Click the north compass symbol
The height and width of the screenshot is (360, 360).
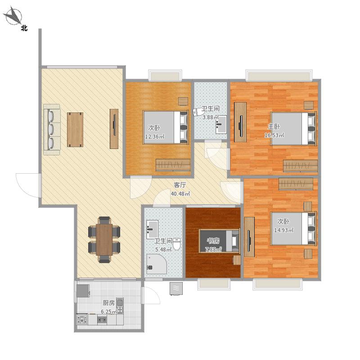point(14,16)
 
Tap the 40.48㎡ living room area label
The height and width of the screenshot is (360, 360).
point(180,194)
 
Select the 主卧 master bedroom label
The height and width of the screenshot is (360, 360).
point(274,126)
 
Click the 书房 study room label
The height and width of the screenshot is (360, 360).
point(213,241)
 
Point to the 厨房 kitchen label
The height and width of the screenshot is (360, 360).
point(108,303)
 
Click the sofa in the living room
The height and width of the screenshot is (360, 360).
point(52,130)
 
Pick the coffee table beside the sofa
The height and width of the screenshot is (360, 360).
point(75,130)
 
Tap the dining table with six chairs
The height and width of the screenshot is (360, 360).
point(104,239)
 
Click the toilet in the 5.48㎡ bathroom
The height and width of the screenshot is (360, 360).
point(176,244)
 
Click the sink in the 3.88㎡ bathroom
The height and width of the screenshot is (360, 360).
point(221,124)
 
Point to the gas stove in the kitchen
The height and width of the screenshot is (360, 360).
point(82,319)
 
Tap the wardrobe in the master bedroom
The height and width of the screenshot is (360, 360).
point(300,166)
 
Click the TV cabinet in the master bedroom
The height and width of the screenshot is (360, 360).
point(240,122)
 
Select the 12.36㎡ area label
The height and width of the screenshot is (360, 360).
point(154,137)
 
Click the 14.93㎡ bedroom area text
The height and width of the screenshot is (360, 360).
point(284,230)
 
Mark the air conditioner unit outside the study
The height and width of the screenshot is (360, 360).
point(176,288)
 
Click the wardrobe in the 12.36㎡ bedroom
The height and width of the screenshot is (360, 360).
point(173,165)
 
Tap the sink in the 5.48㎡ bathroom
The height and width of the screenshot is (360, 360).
point(153,229)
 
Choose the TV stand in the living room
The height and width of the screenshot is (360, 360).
point(114,129)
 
